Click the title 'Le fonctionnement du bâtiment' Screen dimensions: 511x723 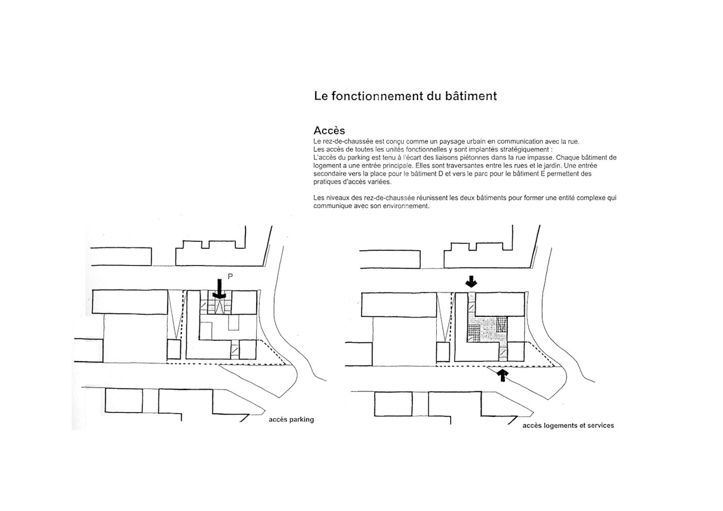(405, 96)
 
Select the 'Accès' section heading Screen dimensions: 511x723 (329, 131)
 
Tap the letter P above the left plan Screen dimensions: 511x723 (230, 276)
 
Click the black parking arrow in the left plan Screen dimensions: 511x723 (219, 288)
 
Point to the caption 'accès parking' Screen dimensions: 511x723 (291, 420)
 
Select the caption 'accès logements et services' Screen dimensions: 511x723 (567, 425)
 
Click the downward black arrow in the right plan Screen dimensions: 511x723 (472, 281)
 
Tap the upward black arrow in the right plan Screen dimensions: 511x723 (502, 374)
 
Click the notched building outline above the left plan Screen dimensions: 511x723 (210, 253)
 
